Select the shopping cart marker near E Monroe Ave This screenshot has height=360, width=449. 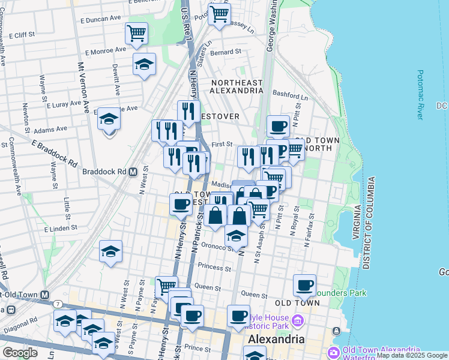click(136, 33)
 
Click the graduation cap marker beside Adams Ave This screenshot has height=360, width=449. click(109, 119)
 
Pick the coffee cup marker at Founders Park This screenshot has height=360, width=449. click(304, 285)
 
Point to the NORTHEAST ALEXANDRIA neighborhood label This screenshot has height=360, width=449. click(236, 86)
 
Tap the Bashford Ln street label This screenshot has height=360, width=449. click(290, 95)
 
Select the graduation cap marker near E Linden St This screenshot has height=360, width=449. click(110, 252)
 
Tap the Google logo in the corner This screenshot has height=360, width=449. click(20, 353)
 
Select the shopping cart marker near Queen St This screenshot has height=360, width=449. click(166, 287)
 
